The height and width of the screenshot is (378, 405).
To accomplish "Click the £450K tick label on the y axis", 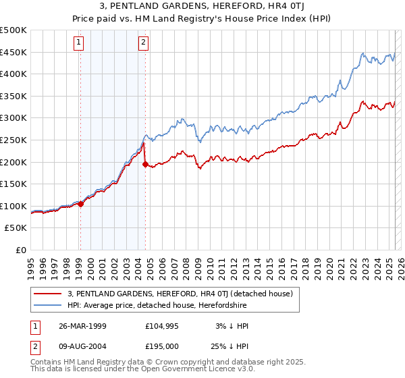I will point(13,53).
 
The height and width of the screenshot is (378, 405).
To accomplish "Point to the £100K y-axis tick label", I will point(13,207).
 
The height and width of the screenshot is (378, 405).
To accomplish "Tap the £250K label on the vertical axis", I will point(13,140).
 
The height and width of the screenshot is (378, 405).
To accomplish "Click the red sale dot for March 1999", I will point(80,204).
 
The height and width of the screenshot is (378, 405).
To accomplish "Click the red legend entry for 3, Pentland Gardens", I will point(180,294).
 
